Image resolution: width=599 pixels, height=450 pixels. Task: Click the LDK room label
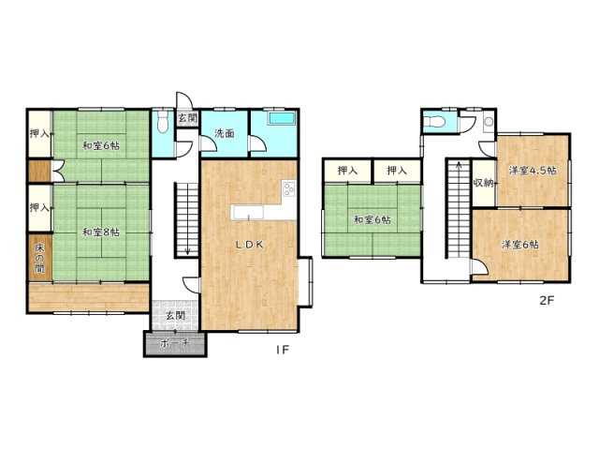(249, 245)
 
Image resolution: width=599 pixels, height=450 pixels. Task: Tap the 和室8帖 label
(101, 232)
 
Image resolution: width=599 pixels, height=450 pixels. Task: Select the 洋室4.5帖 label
(533, 171)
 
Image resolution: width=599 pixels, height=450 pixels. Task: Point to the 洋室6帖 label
(520, 245)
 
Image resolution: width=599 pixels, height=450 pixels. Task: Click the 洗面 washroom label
(225, 133)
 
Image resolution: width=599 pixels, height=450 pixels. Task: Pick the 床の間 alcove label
(39, 258)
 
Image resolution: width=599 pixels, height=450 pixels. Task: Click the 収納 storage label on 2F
(484, 183)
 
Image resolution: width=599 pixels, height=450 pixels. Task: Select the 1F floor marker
(283, 350)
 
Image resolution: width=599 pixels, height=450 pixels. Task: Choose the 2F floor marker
(547, 300)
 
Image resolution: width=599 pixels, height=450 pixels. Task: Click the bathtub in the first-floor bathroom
(282, 119)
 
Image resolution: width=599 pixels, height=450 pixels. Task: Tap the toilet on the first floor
(163, 122)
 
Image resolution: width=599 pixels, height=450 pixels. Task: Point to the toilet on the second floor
(435, 122)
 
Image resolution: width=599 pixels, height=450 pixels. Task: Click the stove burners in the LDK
(289, 188)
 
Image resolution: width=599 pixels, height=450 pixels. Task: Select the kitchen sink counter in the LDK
(248, 213)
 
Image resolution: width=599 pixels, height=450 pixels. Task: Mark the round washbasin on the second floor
(489, 122)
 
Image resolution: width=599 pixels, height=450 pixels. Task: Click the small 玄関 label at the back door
(187, 118)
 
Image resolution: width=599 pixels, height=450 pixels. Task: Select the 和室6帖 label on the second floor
(372, 219)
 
